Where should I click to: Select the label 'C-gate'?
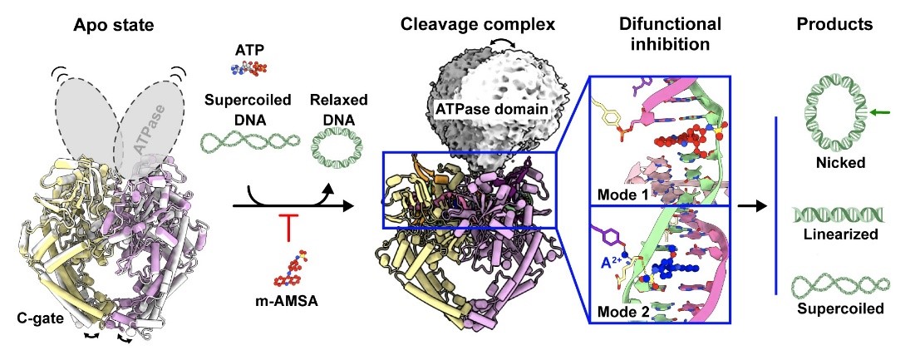point(40,316)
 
